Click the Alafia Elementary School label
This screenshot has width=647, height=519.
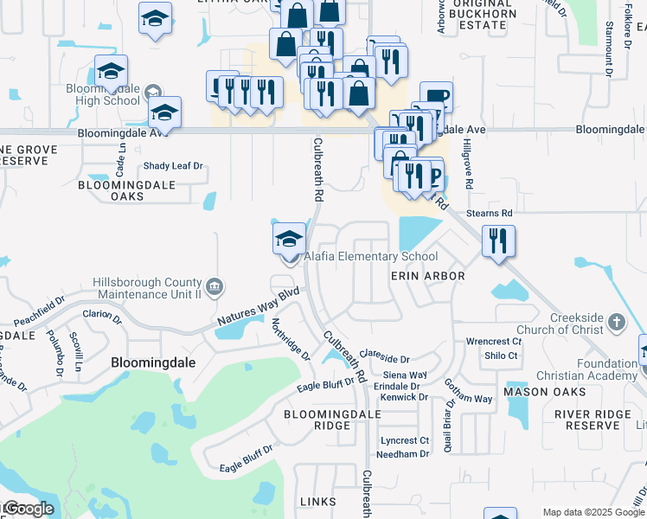tap(370, 256)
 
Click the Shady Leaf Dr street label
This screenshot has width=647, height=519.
tap(172, 166)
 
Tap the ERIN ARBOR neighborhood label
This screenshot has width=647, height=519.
tap(428, 276)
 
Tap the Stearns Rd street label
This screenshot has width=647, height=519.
tap(489, 213)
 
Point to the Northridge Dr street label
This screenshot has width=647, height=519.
tap(291, 339)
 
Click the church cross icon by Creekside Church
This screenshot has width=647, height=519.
tap(616, 323)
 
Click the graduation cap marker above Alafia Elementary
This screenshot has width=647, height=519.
tap(289, 239)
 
